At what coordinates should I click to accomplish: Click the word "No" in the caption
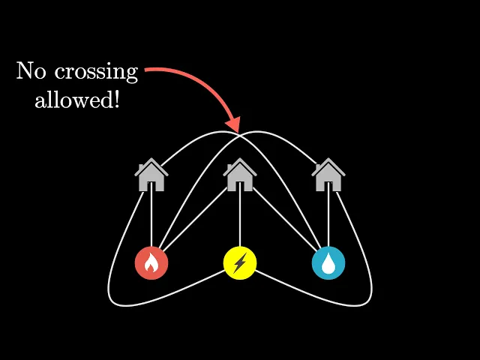coord(32,71)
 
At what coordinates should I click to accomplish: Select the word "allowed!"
coord(77,100)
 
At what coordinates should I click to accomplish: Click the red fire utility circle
coord(151,263)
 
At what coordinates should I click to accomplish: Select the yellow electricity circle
coord(240,263)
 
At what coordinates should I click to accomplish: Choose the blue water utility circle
coord(328,263)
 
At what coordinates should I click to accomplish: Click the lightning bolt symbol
coord(240,263)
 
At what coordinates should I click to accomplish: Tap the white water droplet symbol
coord(328,263)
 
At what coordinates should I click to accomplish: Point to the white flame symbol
coord(151,264)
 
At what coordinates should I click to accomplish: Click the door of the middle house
coord(240,184)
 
